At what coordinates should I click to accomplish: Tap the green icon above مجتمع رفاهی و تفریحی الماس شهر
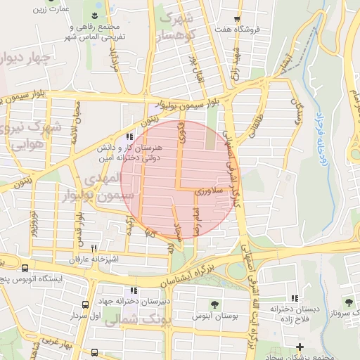point(93,16)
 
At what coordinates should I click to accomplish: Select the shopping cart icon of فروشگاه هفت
point(237,19)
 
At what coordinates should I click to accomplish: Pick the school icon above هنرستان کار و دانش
point(129,137)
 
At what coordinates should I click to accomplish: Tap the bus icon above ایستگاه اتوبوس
point(25,268)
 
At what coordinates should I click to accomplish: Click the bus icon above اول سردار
point(85,304)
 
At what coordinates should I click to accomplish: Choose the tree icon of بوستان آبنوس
point(214,304)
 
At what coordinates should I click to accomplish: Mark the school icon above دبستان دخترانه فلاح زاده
point(294,298)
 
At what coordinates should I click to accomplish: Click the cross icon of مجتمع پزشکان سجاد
point(300,347)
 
